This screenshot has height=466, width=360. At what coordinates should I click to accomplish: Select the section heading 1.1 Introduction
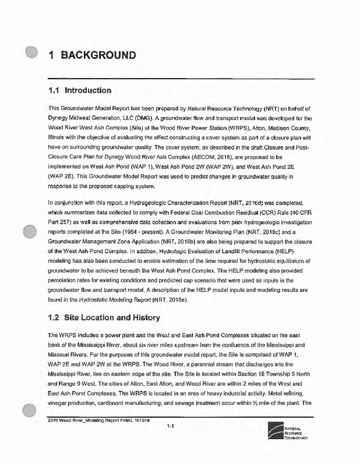coord(79,91)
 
